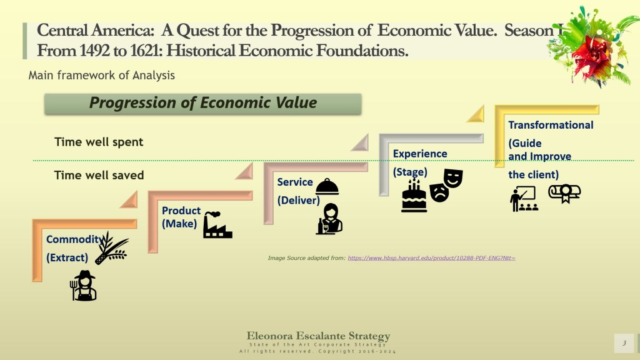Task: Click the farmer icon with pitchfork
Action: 83,286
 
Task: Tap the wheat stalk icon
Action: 111,247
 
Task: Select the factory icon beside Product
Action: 217,225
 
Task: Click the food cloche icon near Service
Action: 327,187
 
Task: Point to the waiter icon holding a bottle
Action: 329,219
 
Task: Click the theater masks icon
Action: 446,185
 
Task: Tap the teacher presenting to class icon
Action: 524,199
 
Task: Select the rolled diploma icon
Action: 564,193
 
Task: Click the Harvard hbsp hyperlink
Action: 431,258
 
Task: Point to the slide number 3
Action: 624,343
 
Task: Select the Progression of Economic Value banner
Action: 203,104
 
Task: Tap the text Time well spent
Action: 99,142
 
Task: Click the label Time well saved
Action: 99,176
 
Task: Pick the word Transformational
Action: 551,125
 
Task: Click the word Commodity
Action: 74,239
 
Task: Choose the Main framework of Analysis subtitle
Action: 102,76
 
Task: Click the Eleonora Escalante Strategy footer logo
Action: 318,342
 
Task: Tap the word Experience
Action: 420,154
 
